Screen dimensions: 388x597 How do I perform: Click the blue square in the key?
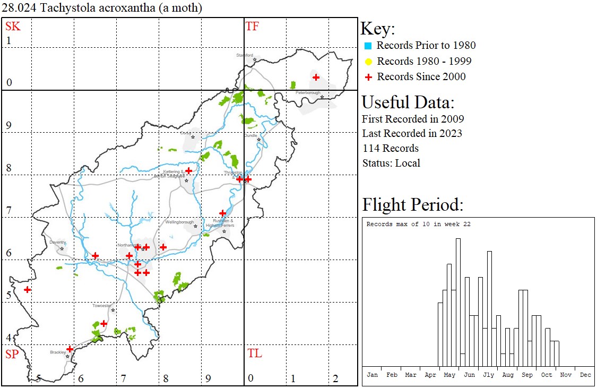pos(368,46)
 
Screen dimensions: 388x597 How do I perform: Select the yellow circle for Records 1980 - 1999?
pos(368,62)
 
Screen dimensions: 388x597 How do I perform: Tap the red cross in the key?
pos(368,77)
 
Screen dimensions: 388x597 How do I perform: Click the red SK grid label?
pos(13,27)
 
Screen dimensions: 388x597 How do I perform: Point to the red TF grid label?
pos(252,27)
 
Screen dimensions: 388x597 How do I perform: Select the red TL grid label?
pos(254,354)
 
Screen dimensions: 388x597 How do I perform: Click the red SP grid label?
pos(12,354)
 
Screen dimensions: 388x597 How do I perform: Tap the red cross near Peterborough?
pos(316,77)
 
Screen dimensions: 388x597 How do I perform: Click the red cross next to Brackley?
pos(70,349)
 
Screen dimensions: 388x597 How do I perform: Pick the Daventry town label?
pos(57,243)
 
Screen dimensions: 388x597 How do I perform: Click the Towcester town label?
pos(102,306)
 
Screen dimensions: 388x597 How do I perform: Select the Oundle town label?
pos(250,135)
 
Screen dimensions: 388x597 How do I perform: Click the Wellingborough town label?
pos(179,222)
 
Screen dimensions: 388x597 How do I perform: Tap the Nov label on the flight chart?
pos(566,375)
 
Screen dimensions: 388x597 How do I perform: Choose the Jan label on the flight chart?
pos(372,375)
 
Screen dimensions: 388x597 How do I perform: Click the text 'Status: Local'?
pos(391,163)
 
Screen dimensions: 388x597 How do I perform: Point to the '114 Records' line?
pos(390,148)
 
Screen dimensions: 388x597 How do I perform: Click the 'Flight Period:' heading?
pos(413,204)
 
